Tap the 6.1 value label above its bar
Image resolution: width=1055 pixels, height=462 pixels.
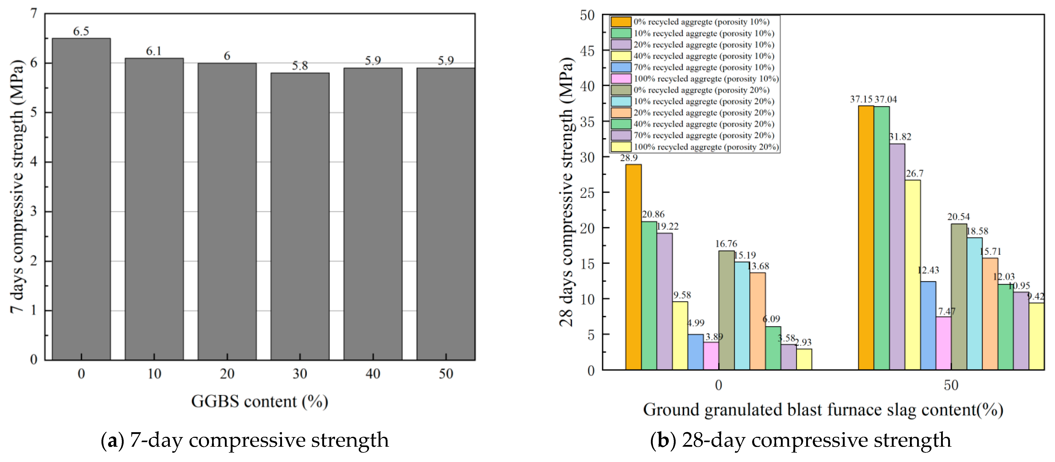pyautogui.click(x=154, y=51)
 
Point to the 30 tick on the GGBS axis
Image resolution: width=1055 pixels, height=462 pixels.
pyautogui.click(x=300, y=373)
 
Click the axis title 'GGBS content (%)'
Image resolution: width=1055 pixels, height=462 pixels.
pyautogui.click(x=260, y=401)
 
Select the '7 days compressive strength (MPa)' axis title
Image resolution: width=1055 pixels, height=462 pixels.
pyautogui.click(x=17, y=187)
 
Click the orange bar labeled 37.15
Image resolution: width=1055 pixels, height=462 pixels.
pyautogui.click(x=866, y=237)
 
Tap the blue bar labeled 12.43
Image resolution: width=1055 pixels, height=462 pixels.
pyautogui.click(x=928, y=325)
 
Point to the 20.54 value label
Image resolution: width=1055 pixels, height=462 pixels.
pyautogui.click(x=958, y=217)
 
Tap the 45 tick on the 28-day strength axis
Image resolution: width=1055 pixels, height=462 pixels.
pyautogui.click(x=587, y=51)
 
